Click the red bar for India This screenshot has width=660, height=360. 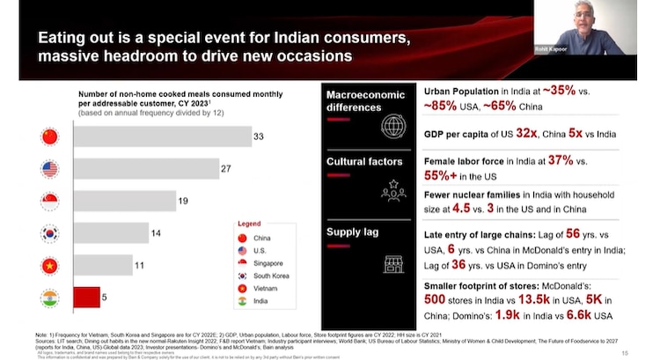pos(86,298)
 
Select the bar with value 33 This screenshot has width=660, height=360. pos(161,136)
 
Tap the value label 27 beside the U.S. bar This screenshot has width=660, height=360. pos(227,168)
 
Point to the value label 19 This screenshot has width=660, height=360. pos(183,201)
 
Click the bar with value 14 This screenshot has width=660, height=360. pos(111,233)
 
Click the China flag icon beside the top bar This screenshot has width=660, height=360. pos(50,136)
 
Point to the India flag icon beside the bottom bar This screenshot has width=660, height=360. pos(50,298)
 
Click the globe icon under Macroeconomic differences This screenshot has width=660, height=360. pos(392,126)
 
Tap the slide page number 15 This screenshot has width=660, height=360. pos(624,352)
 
